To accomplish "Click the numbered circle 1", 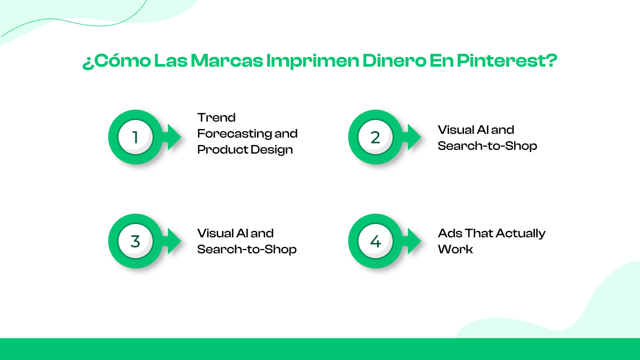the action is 135,137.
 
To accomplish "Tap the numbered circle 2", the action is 375,137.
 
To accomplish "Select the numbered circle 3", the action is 135,241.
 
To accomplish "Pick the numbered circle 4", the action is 375,241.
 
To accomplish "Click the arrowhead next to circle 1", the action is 174,137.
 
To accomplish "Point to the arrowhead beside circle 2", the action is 414,137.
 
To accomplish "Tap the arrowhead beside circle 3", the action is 174,241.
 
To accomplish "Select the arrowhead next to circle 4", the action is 414,241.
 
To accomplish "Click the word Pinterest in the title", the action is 507,61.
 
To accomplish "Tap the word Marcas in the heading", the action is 227,61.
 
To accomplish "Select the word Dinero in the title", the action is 394,61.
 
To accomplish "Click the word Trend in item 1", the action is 217,117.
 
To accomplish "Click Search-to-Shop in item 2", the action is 487,146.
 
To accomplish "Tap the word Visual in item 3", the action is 215,234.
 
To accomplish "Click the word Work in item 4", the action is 455,250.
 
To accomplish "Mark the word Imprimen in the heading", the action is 313,61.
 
